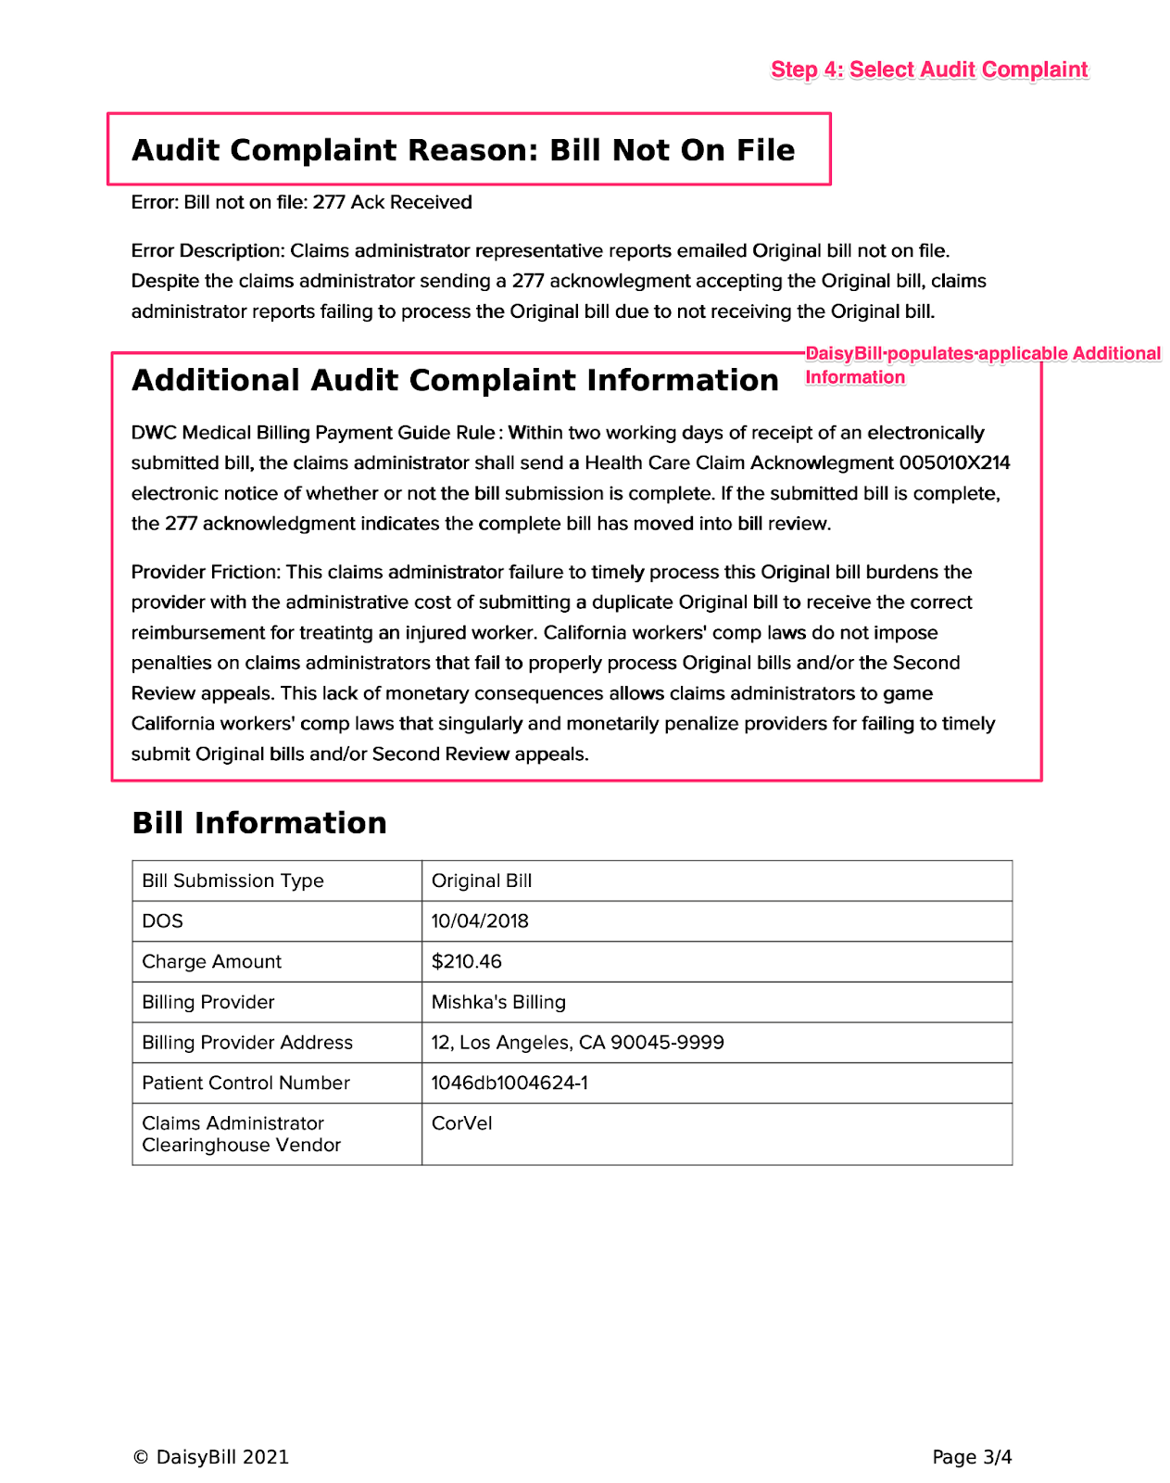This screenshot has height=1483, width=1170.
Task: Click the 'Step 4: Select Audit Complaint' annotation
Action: click(929, 70)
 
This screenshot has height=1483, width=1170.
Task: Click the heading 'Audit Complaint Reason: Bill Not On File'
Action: click(463, 150)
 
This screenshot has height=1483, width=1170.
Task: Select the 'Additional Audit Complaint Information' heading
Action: click(455, 380)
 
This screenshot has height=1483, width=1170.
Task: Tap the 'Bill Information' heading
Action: click(259, 823)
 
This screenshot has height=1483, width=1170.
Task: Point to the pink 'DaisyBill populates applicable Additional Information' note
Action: click(982, 364)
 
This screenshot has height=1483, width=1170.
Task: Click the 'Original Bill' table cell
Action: click(482, 881)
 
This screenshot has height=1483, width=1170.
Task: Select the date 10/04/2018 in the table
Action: click(480, 921)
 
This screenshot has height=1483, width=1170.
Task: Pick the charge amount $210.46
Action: click(467, 961)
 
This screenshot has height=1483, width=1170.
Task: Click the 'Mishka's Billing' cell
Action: click(498, 1002)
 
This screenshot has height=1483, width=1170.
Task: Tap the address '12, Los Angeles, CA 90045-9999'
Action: click(577, 1043)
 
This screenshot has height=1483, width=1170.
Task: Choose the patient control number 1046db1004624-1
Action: click(510, 1083)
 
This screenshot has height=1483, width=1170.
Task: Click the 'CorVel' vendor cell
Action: click(461, 1123)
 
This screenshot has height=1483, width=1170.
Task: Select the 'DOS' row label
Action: click(163, 921)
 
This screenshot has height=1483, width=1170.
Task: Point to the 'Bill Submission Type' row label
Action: click(233, 881)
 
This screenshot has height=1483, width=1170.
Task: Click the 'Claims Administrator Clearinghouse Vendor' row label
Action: click(242, 1134)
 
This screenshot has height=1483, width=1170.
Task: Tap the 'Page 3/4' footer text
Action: click(972, 1457)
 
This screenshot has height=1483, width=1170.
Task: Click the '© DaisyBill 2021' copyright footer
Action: click(210, 1457)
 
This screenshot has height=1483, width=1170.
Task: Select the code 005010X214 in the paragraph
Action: click(954, 463)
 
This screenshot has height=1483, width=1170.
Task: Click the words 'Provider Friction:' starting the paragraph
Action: click(205, 572)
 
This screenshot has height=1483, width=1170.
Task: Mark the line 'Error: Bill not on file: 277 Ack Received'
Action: click(301, 202)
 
